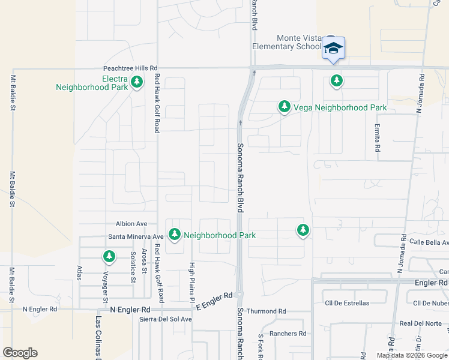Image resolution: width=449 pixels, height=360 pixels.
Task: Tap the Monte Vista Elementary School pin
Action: coord(333,49)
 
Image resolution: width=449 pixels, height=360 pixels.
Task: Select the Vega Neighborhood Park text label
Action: coord(340,107)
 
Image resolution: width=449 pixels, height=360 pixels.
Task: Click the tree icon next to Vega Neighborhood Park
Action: coord(284,107)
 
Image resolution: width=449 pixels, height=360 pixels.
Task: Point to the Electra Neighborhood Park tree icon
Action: coord(137,82)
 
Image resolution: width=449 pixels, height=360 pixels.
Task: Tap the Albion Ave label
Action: coord(131,223)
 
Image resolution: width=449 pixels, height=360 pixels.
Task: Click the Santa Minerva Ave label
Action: coord(136,236)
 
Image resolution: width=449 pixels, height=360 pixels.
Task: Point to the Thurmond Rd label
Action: coord(266,311)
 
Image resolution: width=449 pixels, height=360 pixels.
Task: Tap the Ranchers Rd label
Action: coord(288,334)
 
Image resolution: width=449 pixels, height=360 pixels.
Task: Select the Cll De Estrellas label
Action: coord(346,303)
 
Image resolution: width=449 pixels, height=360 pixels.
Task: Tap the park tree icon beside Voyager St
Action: coord(109,257)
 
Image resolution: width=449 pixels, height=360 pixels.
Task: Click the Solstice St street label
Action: coord(132,267)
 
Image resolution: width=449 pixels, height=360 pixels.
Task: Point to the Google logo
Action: coord(20,353)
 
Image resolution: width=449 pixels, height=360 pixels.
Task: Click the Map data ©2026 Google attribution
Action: coord(412,355)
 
